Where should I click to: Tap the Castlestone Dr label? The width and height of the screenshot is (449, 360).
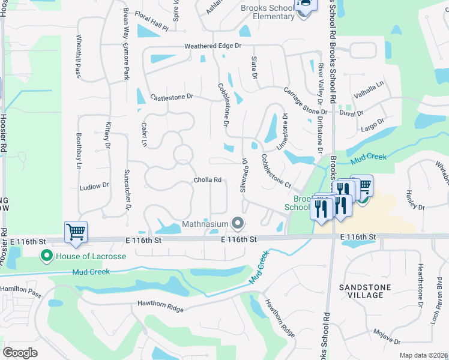[x=172, y=96]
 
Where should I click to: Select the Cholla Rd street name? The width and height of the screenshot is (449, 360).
[x=208, y=179]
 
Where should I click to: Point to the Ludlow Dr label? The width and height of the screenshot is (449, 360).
[x=94, y=187]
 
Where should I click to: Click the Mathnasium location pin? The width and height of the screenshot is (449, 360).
[x=238, y=224]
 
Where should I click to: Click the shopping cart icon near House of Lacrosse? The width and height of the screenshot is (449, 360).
[x=76, y=231]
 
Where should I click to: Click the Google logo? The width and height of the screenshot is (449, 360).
[x=20, y=352]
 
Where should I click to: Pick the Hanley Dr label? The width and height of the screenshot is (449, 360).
[x=415, y=199]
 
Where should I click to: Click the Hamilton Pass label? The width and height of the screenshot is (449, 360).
[x=20, y=289]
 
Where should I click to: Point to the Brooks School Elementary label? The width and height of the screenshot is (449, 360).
[x=267, y=12]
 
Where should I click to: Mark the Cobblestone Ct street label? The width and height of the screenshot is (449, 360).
[x=276, y=170]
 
